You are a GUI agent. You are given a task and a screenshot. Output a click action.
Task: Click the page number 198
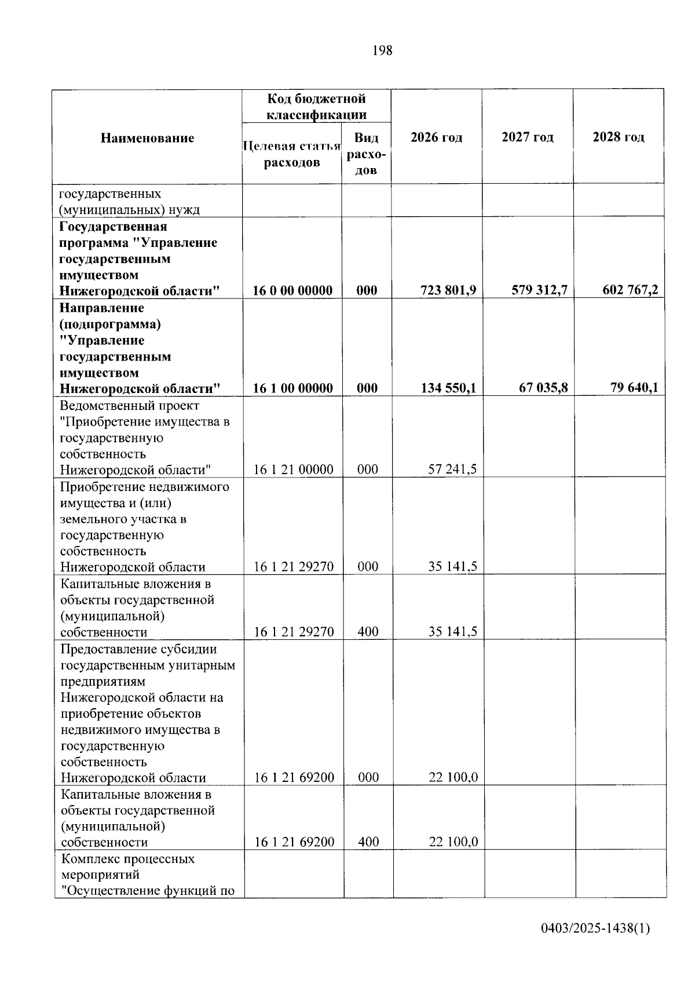pyautogui.click(x=382, y=51)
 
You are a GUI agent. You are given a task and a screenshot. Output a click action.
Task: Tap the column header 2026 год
pyautogui.click(x=436, y=137)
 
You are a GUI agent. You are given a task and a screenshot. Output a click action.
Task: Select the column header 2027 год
pyautogui.click(x=527, y=137)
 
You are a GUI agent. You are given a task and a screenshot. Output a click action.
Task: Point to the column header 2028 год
pyautogui.click(x=618, y=137)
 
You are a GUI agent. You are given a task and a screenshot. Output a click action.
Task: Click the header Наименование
pyautogui.click(x=147, y=138)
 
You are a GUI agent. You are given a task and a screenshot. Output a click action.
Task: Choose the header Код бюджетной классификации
pyautogui.click(x=316, y=107)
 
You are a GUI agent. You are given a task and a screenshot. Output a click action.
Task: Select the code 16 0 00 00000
pyautogui.click(x=292, y=290)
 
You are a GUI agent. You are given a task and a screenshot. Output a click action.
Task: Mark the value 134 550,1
pyautogui.click(x=448, y=388)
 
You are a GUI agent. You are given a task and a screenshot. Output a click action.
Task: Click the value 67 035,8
pyautogui.click(x=543, y=387)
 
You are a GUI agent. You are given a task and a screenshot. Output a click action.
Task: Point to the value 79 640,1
pyautogui.click(x=634, y=387)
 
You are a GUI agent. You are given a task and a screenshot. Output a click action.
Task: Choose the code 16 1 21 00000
pyautogui.click(x=293, y=469)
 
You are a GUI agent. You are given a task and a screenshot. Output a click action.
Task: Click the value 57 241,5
pyautogui.click(x=452, y=469)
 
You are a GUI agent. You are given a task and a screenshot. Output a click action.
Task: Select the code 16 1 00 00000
pyautogui.click(x=292, y=388)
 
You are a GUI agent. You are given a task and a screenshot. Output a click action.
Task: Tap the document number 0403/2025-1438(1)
pyautogui.click(x=595, y=929)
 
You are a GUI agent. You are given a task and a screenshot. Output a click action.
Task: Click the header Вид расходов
pyautogui.click(x=366, y=154)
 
